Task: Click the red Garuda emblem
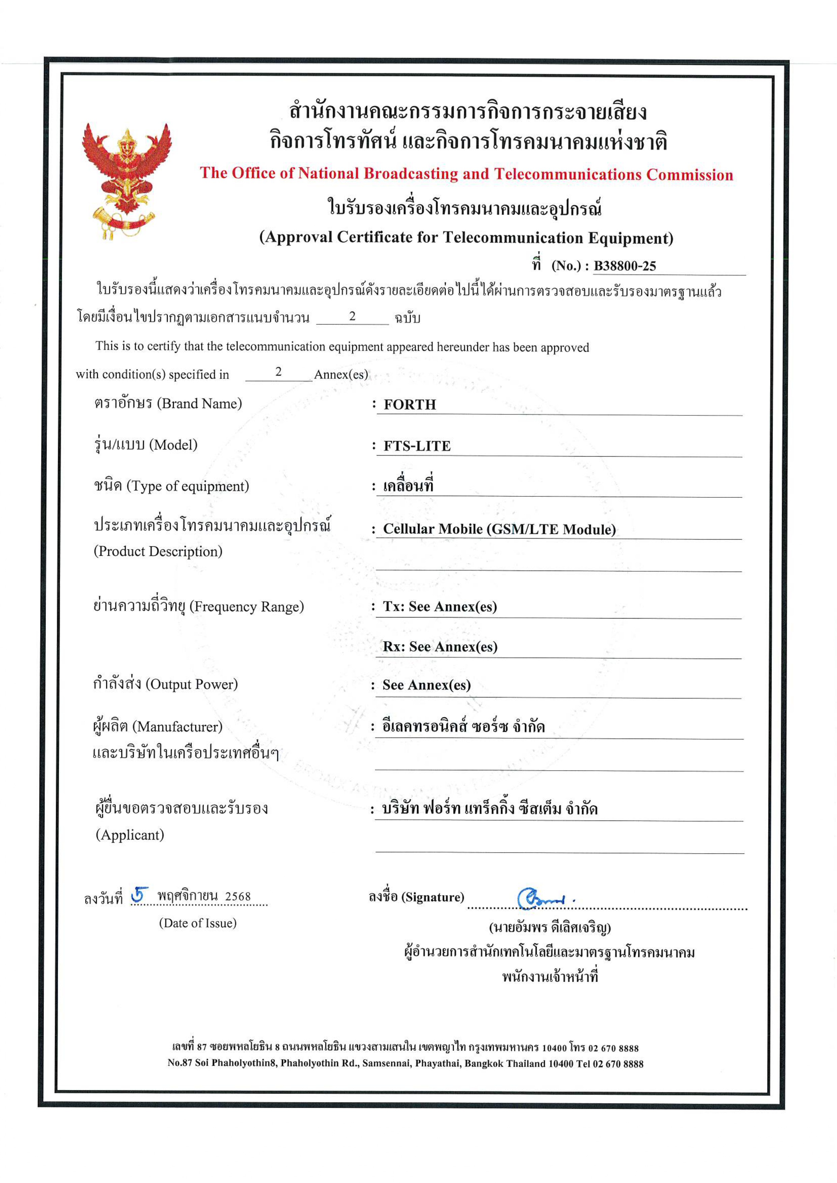[x=126, y=178]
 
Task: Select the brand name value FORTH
[x=410, y=404]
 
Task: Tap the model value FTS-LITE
[x=417, y=446]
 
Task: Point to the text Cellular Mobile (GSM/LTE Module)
[x=499, y=529]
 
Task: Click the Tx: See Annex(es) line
[x=440, y=606]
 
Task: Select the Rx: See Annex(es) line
[x=440, y=646]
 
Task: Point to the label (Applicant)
[x=130, y=834]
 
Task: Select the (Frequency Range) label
[x=247, y=606]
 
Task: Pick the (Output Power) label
[x=192, y=684]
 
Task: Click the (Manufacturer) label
[x=178, y=726]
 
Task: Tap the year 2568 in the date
[x=238, y=897]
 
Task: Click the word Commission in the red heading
[x=690, y=175]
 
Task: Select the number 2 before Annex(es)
[x=278, y=372]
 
